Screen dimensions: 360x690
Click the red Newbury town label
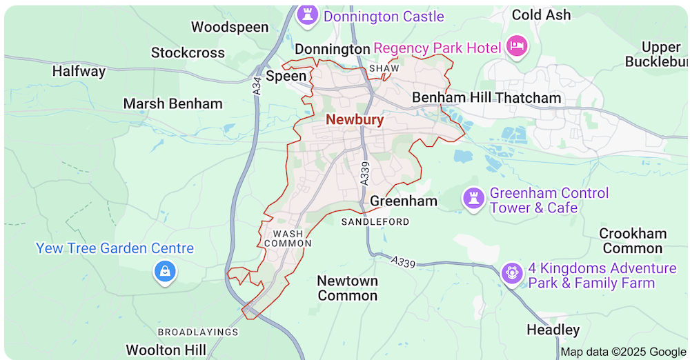[355, 119]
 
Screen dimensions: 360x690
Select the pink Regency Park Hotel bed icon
[516, 47]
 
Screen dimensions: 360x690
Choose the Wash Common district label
[288, 239]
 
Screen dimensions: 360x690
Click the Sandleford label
[375, 221]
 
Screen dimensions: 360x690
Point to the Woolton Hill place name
[166, 350]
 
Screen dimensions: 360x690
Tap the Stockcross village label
[188, 52]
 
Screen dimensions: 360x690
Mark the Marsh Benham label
[172, 103]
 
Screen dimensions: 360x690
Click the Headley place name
[553, 330]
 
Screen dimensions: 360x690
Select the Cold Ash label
[541, 14]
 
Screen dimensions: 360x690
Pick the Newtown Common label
[347, 288]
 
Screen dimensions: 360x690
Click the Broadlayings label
[198, 332]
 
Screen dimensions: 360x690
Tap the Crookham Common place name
[632, 241]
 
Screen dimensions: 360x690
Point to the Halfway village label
[79, 71]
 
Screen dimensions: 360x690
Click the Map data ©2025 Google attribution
[623, 352]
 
